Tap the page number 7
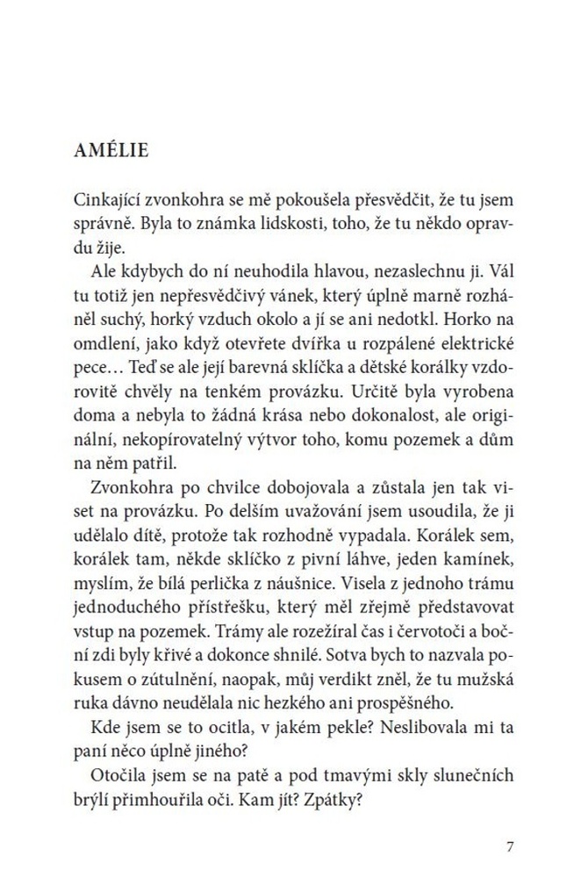[511, 846]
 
